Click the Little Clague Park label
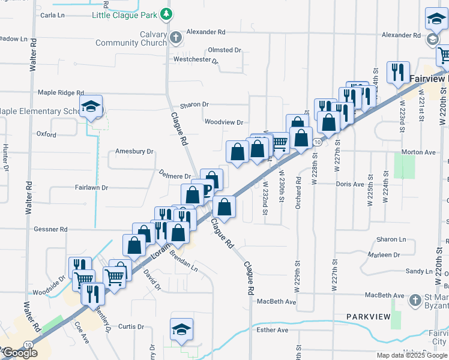point(124,14)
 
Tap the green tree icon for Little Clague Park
point(167,14)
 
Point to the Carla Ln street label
point(52,14)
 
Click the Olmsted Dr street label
point(224,50)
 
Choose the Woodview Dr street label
point(223,122)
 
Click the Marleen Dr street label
point(384,255)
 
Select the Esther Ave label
point(272,330)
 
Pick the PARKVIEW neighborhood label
point(368,316)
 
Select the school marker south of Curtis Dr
point(181,329)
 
